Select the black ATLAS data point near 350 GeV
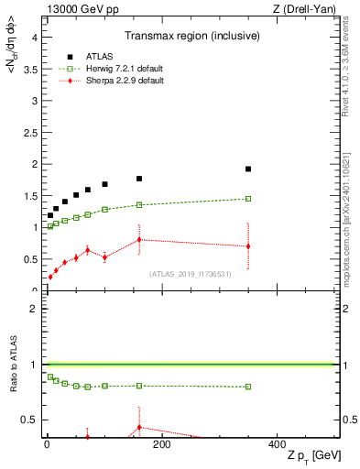pos(248,169)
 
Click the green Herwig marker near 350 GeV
pos(248,199)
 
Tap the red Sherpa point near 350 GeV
pos(248,246)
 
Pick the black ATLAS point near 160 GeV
pos(139,179)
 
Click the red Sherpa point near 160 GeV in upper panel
pos(139,240)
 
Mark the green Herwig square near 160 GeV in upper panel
pos(139,205)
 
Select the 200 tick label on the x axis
pos(161,444)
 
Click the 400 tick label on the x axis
pos(277,444)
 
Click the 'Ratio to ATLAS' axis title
pos(10,367)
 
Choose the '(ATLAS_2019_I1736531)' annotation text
pos(191,273)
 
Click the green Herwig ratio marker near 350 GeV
pos(248,387)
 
